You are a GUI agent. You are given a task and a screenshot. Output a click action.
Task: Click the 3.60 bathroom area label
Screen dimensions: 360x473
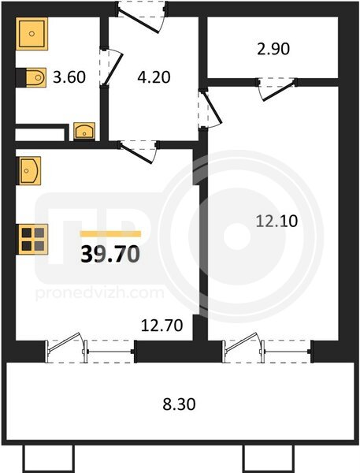point(69,77)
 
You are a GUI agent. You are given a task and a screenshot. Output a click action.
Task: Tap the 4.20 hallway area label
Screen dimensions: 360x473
point(154,77)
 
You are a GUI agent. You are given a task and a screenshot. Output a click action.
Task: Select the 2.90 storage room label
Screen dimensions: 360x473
point(273,49)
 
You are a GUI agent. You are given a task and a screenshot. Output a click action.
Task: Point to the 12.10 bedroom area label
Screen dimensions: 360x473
point(276,221)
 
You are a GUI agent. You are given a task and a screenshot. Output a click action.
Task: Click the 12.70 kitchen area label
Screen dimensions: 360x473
point(162,326)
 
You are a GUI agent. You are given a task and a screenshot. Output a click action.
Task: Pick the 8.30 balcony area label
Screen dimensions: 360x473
point(179,404)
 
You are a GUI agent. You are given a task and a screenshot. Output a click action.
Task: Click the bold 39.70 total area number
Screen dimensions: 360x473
point(110,254)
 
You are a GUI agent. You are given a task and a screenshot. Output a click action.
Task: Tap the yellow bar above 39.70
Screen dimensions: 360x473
point(110,234)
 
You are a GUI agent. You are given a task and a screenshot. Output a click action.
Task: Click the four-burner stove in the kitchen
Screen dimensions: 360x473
point(33,239)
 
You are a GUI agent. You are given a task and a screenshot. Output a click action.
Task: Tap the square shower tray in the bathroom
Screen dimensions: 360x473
point(32,33)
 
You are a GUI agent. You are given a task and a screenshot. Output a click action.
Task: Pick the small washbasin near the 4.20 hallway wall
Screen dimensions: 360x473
point(84,131)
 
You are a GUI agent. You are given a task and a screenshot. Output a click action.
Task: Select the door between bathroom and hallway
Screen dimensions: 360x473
point(110,67)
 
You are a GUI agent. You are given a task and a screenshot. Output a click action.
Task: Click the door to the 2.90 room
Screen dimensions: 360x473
point(276,88)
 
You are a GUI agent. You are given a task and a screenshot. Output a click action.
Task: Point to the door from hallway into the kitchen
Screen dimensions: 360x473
point(138,151)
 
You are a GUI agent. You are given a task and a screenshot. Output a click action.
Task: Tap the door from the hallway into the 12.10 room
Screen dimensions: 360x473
point(210,109)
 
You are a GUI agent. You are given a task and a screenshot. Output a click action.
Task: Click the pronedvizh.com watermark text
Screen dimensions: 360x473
point(100,293)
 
